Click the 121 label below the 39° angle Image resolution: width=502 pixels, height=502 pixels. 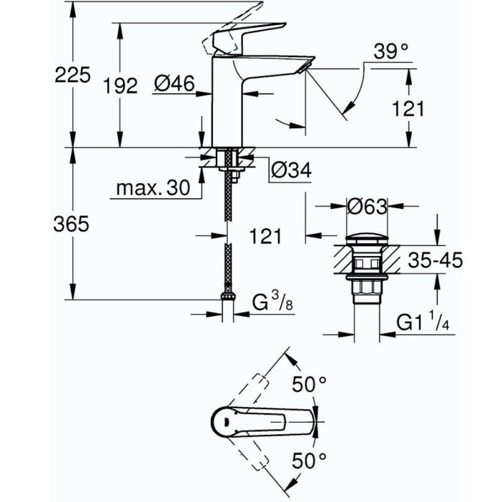click(x=408, y=109)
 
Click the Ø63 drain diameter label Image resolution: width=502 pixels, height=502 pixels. click(x=365, y=206)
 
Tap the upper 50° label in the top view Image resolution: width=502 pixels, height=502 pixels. click(x=309, y=384)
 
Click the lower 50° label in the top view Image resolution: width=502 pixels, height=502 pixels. click(x=309, y=462)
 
